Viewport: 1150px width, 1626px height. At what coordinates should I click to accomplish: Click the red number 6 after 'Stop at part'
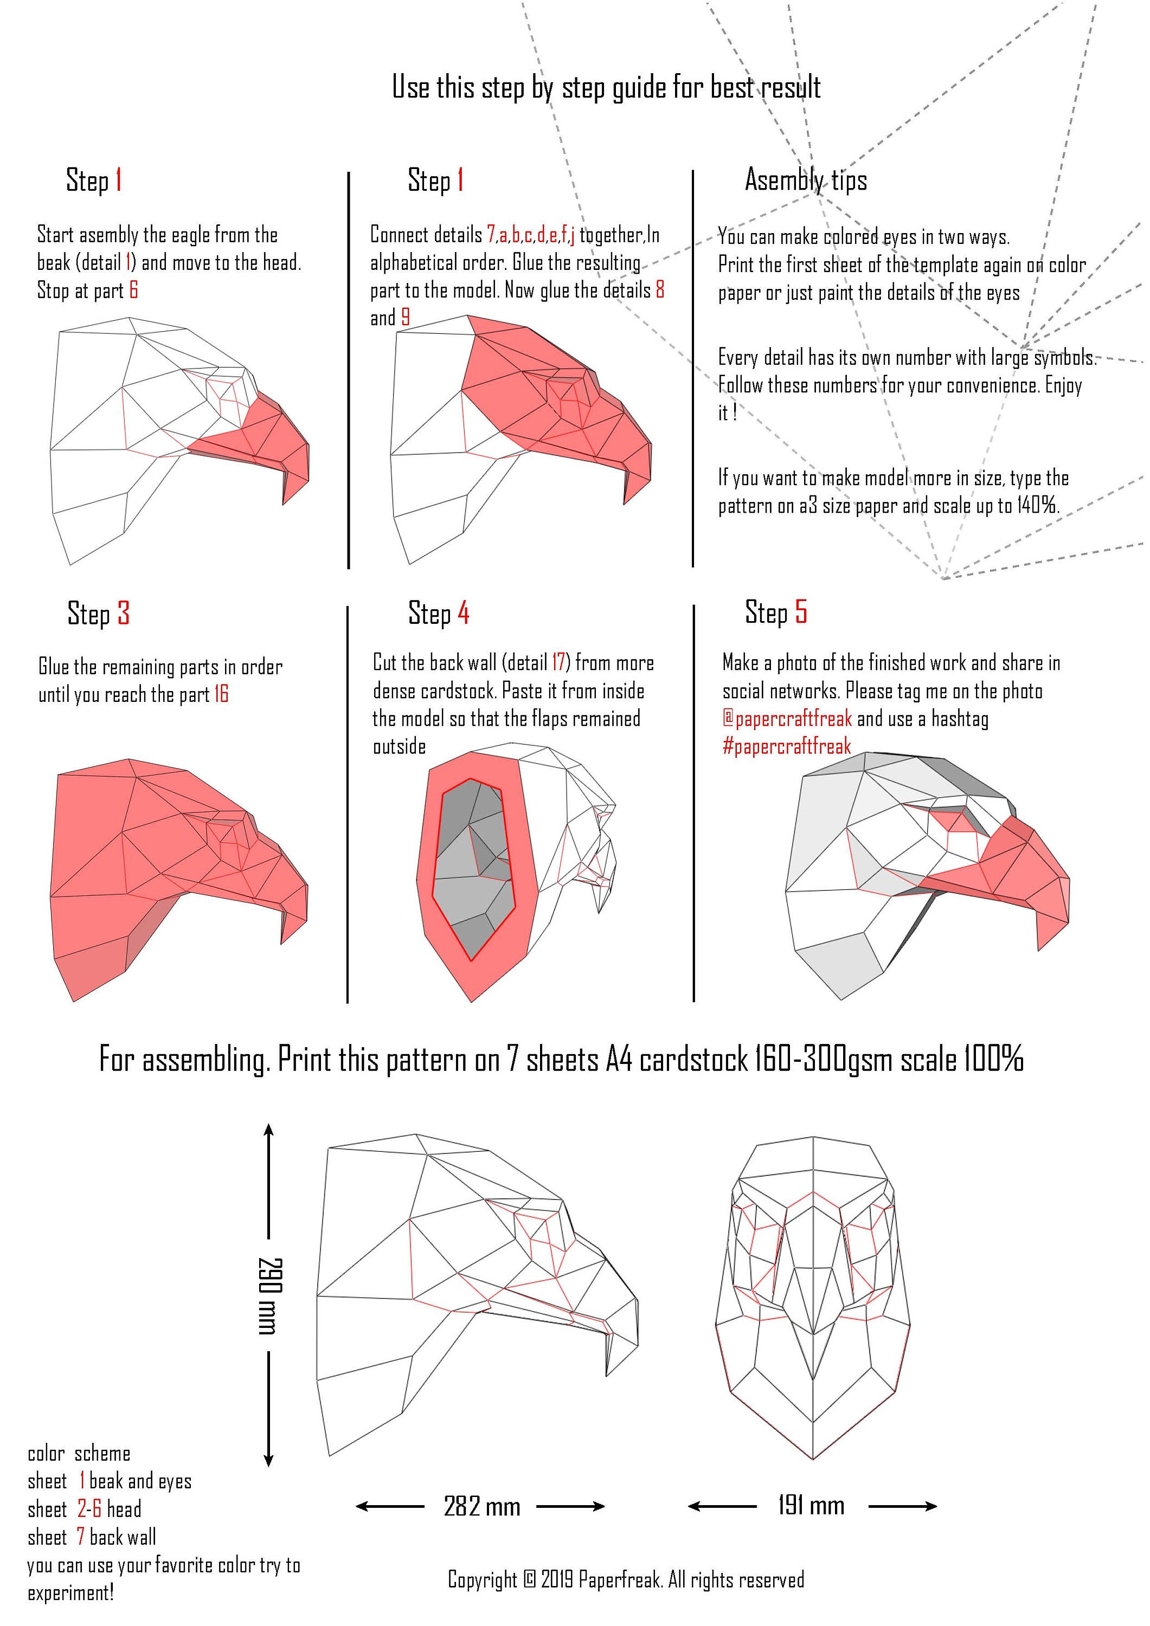click(x=133, y=291)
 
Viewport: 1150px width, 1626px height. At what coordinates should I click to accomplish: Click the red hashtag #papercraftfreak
click(x=787, y=746)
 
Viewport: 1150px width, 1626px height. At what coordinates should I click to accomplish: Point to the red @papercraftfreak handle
click(x=787, y=719)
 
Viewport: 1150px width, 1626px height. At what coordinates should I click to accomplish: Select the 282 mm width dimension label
click(x=482, y=1506)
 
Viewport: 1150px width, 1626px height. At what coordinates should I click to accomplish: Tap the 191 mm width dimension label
click(x=811, y=1505)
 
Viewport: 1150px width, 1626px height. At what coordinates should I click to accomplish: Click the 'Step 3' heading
click(x=99, y=614)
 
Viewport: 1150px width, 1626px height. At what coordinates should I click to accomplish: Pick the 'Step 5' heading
click(x=776, y=612)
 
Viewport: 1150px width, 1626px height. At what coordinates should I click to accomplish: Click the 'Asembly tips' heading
click(x=806, y=180)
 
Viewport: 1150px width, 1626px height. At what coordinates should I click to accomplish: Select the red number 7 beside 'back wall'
click(x=81, y=1538)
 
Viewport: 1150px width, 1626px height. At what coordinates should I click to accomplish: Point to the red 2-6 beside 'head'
click(x=89, y=1509)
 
